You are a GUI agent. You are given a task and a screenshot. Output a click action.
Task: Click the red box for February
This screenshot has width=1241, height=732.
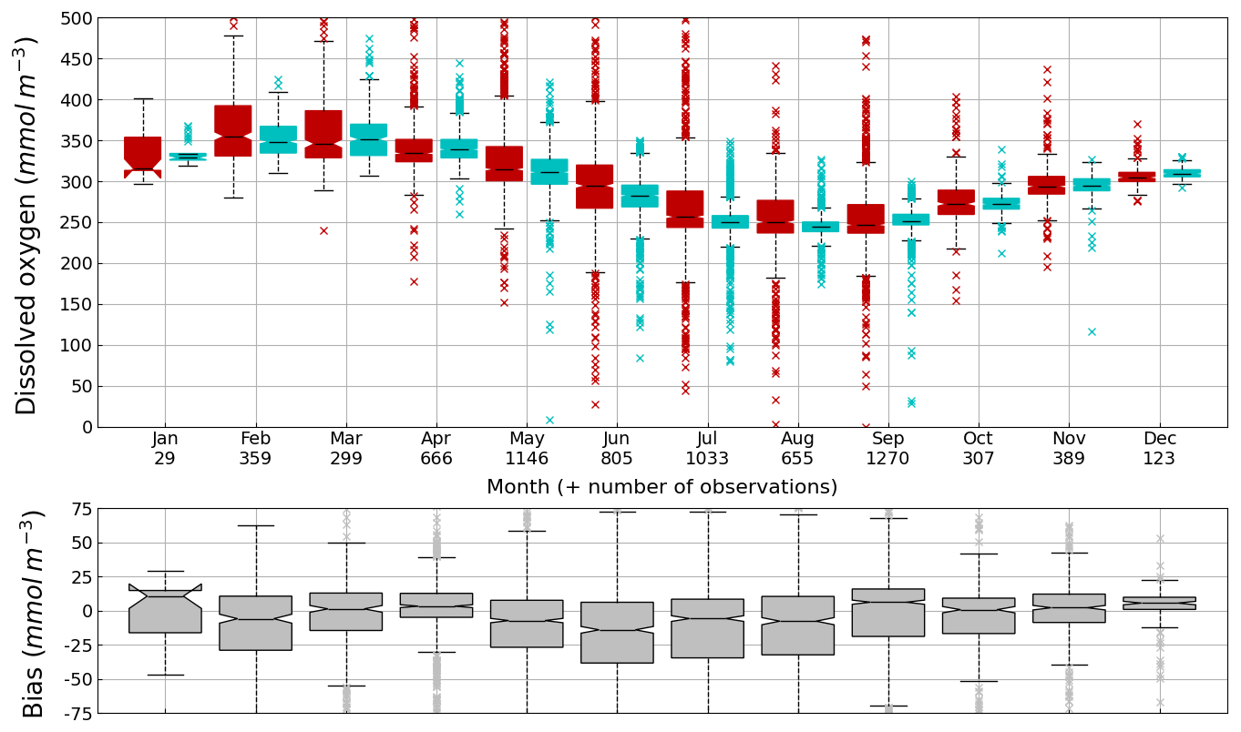coord(233,130)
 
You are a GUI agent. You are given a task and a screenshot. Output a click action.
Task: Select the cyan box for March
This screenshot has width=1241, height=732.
coord(368,139)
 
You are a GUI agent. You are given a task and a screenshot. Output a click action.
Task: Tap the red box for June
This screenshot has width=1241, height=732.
coord(594,187)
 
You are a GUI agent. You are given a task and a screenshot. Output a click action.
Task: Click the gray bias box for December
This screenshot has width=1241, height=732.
coord(1159,603)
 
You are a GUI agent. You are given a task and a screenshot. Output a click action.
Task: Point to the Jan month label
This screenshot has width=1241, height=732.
coord(165,439)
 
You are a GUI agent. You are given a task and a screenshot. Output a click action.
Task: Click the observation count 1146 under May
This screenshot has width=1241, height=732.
coord(527,459)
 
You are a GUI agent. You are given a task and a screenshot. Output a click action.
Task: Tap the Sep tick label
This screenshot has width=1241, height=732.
coord(887,439)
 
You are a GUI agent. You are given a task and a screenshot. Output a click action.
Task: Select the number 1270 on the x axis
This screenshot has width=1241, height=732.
coord(887,459)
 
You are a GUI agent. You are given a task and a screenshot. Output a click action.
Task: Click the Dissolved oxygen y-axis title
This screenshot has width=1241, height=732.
coord(27,224)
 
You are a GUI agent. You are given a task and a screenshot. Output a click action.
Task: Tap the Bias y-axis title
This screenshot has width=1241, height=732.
coord(33,613)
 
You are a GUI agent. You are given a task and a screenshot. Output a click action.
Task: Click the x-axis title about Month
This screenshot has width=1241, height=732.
coord(662,487)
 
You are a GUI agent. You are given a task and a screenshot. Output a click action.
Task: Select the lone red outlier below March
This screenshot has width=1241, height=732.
coord(323,230)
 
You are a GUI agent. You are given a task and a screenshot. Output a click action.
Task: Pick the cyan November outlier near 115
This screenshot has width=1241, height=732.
coord(1091,331)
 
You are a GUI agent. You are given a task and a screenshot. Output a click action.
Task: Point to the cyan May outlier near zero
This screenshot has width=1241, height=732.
coord(549,420)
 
